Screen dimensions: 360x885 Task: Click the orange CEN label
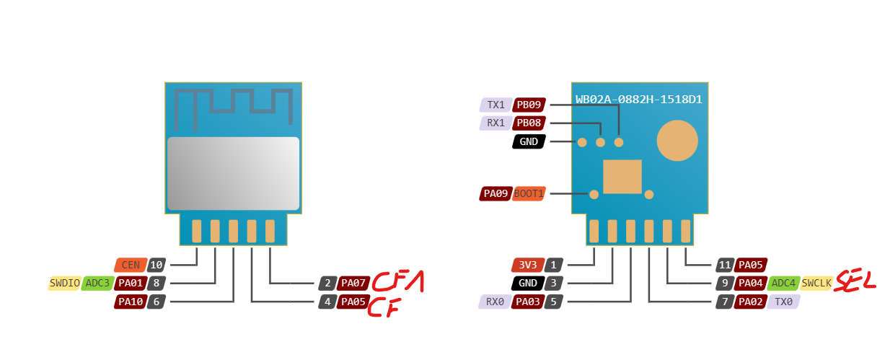point(130,265)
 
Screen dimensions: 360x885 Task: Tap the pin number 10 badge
point(157,265)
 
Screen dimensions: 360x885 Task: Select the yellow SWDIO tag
point(64,284)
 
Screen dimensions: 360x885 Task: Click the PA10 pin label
point(129,302)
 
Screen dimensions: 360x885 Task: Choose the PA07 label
point(354,284)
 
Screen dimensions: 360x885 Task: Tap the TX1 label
point(496,105)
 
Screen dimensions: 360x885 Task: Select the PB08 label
point(529,123)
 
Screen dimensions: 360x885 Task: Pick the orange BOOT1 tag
point(529,193)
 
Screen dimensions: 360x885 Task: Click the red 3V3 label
point(527,265)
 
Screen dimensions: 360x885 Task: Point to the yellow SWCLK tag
point(816,284)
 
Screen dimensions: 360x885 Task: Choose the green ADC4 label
point(783,284)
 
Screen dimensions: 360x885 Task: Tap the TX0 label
point(783,302)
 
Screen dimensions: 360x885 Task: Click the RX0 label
point(495,302)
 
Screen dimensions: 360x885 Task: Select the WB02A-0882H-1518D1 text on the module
point(638,100)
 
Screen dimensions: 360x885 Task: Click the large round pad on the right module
point(677,141)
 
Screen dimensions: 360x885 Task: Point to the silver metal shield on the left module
point(233,173)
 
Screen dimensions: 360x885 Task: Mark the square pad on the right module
point(622,177)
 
